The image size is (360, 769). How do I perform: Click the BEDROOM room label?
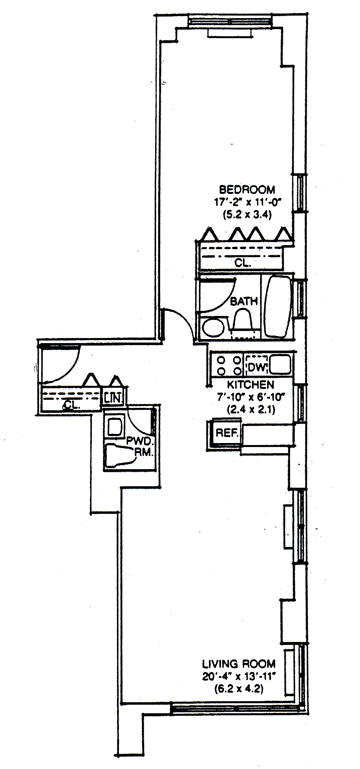tap(247, 189)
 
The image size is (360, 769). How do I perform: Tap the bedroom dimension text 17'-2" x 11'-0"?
tap(247, 202)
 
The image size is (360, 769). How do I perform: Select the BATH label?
tap(244, 301)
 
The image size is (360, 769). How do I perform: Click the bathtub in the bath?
tap(278, 307)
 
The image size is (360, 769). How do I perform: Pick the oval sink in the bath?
tap(213, 327)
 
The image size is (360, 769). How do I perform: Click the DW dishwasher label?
tap(256, 366)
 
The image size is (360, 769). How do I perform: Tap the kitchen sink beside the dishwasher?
tap(280, 365)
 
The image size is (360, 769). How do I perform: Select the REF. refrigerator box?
tap(228, 434)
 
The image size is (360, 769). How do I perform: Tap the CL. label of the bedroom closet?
tap(242, 262)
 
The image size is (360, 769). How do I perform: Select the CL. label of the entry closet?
tap(72, 405)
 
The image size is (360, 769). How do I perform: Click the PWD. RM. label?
tap(140, 447)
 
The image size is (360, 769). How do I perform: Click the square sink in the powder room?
tap(115, 426)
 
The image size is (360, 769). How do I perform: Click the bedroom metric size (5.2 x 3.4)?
tap(247, 214)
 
